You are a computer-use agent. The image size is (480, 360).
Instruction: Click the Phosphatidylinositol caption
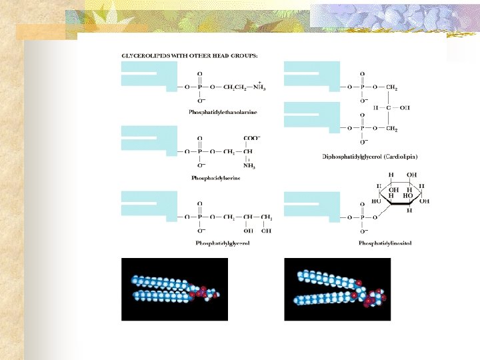coord(385,243)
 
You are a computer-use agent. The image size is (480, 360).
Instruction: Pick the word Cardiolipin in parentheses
coord(400,157)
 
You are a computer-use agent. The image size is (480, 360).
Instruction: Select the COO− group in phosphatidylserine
coord(251,139)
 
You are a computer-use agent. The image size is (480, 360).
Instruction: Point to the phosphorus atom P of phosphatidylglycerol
coord(200,217)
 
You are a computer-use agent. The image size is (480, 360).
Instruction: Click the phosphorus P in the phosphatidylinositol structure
coord(362,217)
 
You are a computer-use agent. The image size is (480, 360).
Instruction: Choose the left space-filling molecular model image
coord(174,289)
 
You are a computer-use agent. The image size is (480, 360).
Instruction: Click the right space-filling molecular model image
coord(337,289)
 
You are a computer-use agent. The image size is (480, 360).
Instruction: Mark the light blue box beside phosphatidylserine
coord(148,140)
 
